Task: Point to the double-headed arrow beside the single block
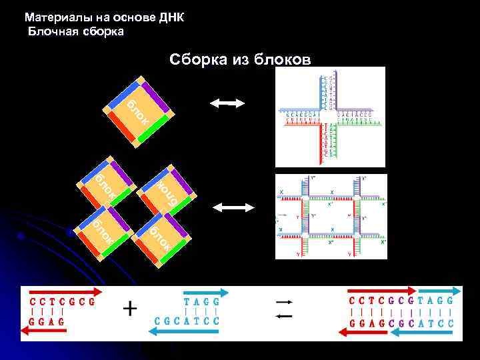coord(227,103)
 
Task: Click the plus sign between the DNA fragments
coord(131,309)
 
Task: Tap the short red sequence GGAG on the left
coord(47,321)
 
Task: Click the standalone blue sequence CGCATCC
coord(187,321)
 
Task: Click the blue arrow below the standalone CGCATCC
coord(187,332)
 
